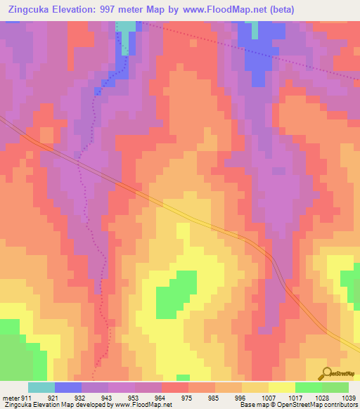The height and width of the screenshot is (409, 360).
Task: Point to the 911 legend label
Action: point(27,398)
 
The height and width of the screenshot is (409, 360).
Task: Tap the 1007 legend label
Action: point(268,398)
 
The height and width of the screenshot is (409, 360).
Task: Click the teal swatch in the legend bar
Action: point(41,387)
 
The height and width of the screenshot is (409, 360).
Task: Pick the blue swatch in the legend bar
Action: point(68,387)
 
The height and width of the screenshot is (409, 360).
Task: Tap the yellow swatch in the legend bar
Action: point(281,387)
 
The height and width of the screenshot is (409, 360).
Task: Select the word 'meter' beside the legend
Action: point(11,398)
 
